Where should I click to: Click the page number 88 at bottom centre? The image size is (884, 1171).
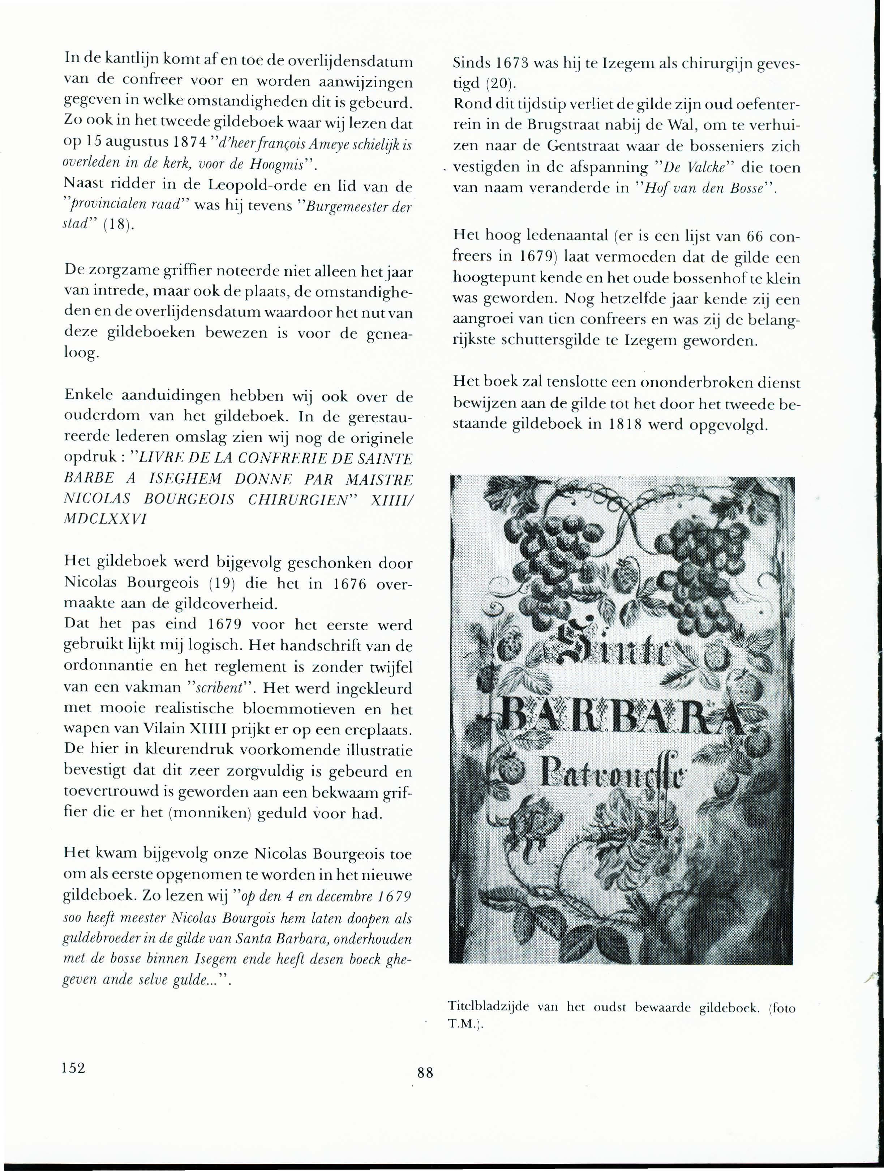(425, 1073)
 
